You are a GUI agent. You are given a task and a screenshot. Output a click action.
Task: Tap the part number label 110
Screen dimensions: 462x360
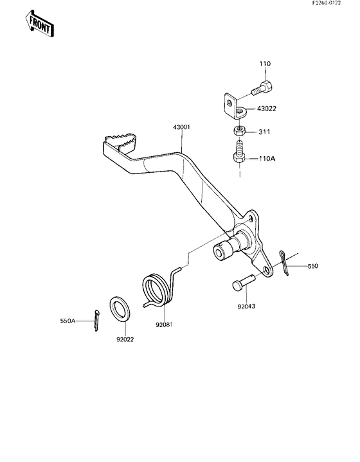coord(265,64)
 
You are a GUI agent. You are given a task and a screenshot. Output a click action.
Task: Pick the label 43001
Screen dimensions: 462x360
coord(181,128)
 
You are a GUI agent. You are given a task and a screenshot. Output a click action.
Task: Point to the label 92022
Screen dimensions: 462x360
coord(125,338)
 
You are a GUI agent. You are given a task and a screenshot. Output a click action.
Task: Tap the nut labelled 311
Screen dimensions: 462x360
coord(239,132)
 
